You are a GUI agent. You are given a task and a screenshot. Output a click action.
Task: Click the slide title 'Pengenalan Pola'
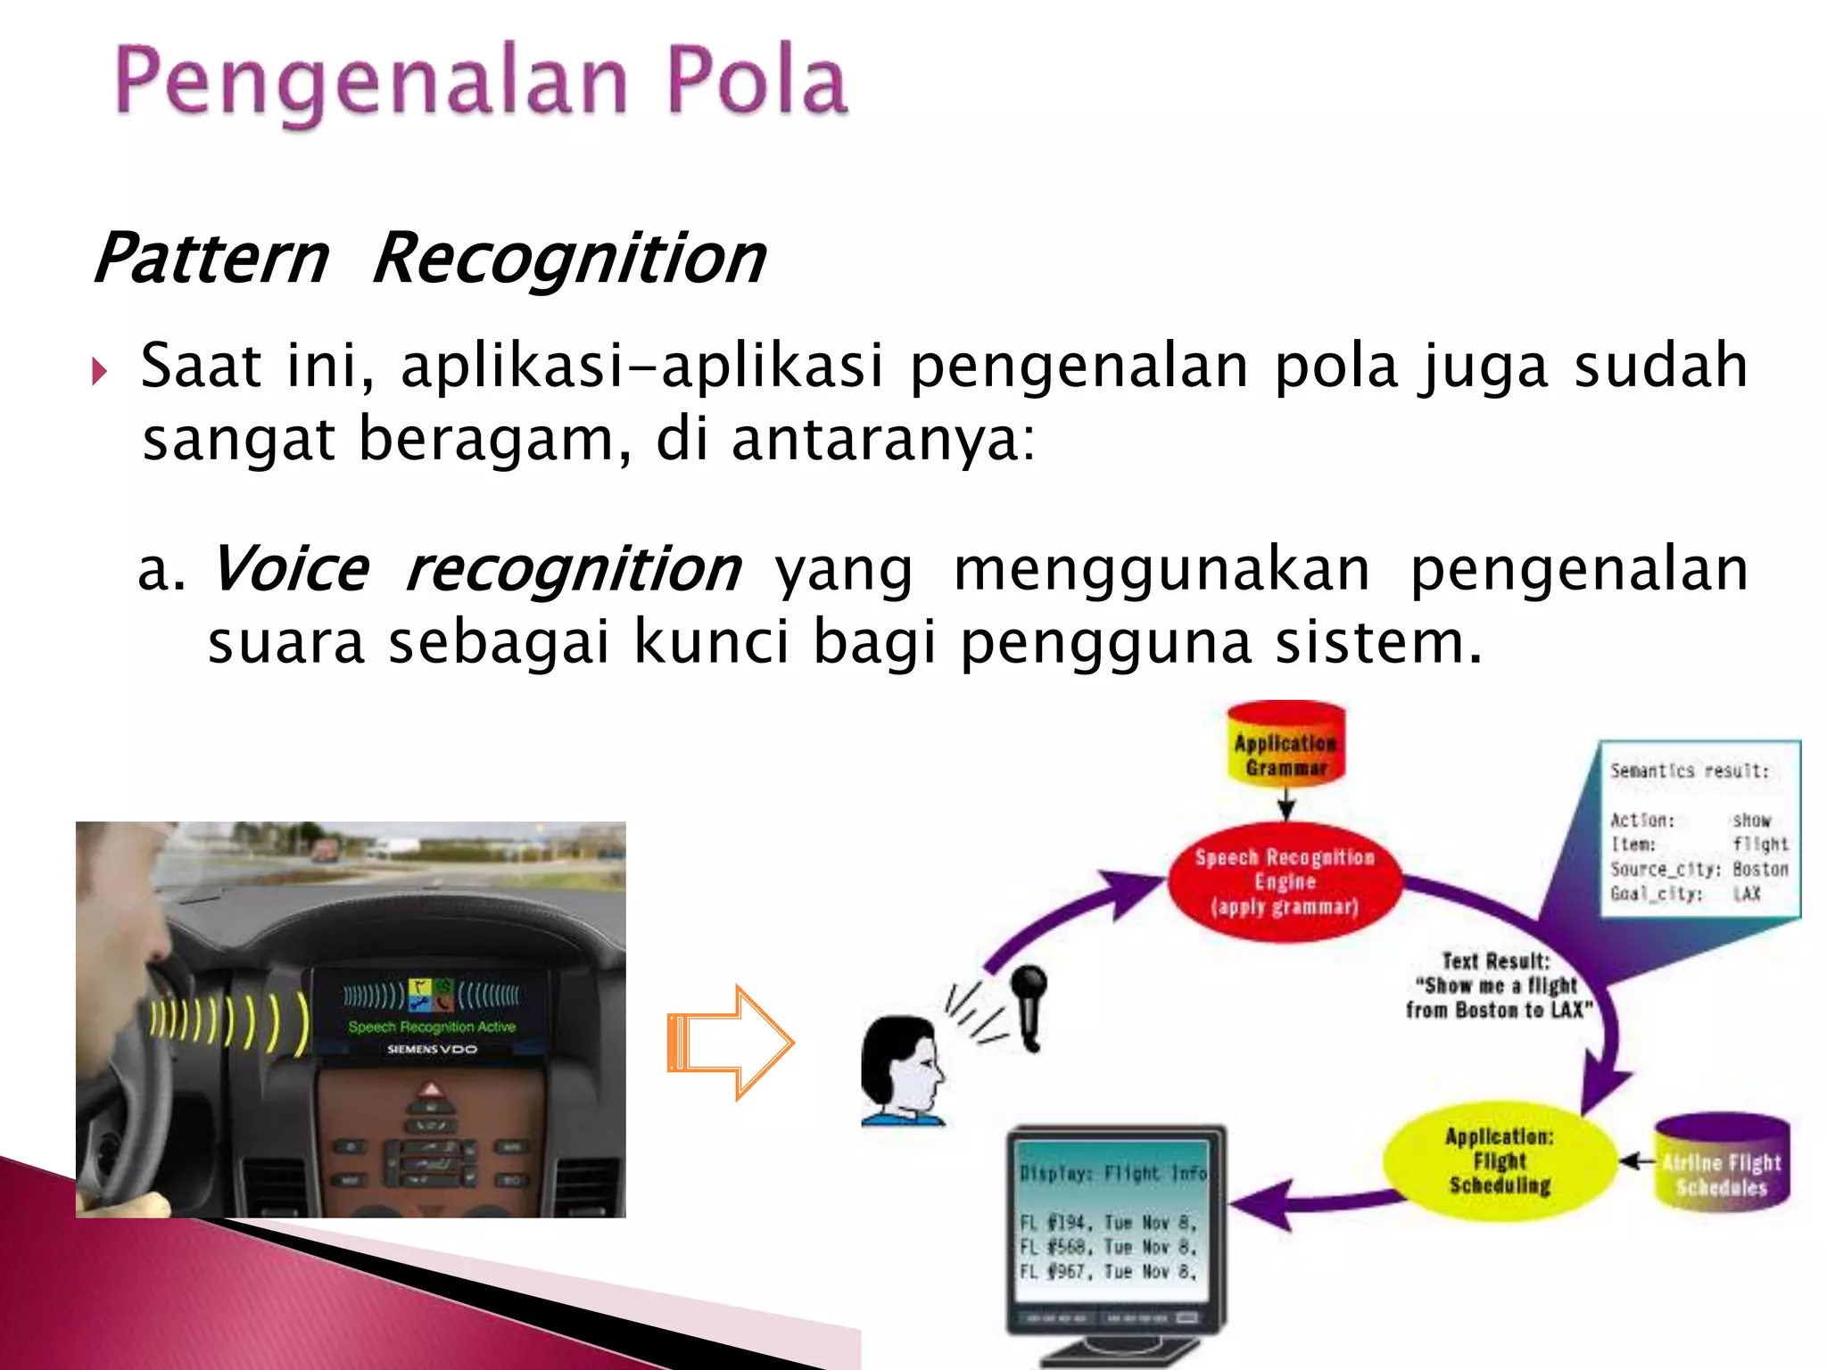(482, 82)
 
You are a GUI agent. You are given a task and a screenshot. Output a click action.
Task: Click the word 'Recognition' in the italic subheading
(568, 259)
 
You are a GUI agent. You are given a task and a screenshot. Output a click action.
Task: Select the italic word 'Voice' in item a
(291, 569)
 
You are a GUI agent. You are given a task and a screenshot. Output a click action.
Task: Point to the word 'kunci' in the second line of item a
(711, 642)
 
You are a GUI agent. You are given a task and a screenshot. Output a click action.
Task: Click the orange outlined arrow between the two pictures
(730, 1042)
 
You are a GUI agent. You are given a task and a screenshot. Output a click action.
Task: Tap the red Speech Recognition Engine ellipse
(1285, 881)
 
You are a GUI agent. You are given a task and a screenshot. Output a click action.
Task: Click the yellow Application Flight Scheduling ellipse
(1500, 1160)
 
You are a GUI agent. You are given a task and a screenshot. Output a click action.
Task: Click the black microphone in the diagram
(1029, 1004)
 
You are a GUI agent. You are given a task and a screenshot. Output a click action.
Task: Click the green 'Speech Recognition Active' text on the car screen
(432, 1027)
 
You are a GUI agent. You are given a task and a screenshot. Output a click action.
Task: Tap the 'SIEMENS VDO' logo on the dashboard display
(432, 1050)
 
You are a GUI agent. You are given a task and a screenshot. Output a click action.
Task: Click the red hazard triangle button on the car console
(431, 1090)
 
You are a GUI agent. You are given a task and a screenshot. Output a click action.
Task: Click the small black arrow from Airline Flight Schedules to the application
(1637, 1160)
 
